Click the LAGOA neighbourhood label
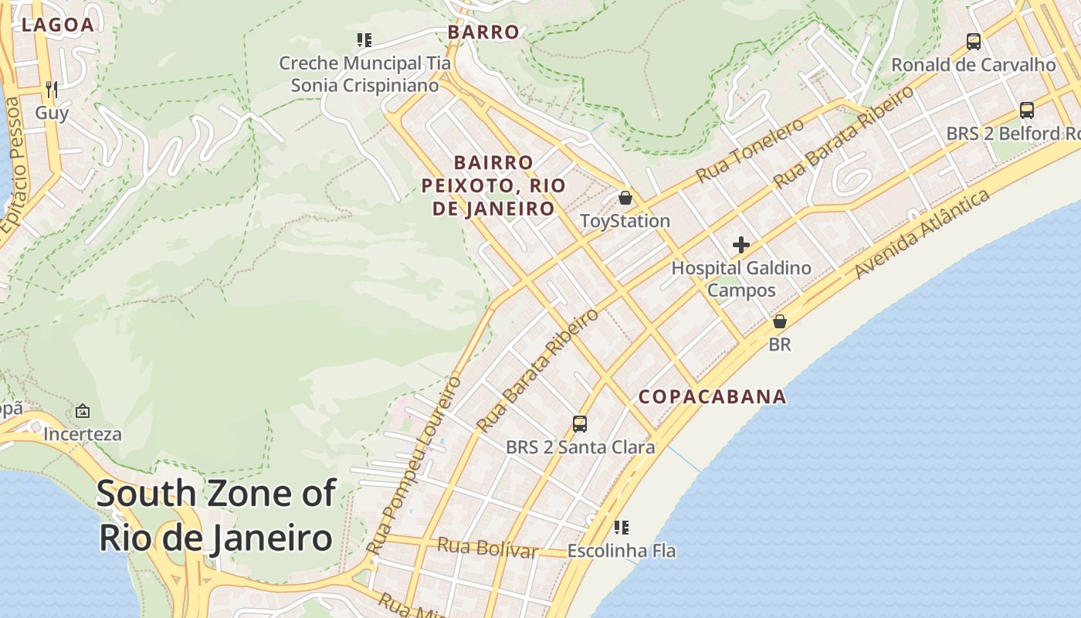pyautogui.click(x=58, y=25)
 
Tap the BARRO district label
pyautogui.click(x=484, y=32)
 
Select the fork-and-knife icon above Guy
pyautogui.click(x=52, y=90)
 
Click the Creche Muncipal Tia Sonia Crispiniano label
pyautogui.click(x=364, y=74)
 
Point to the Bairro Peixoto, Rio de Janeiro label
pyautogui.click(x=493, y=185)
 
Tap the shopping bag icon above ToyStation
pyautogui.click(x=625, y=198)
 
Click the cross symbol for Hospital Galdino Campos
pyautogui.click(x=741, y=246)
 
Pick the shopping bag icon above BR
pyautogui.click(x=780, y=321)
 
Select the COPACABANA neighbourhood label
pyautogui.click(x=712, y=397)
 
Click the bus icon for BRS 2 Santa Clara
pyautogui.click(x=580, y=423)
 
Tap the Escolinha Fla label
pyautogui.click(x=622, y=551)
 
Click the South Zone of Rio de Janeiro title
pyautogui.click(x=216, y=515)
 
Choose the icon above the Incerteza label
pyautogui.click(x=83, y=411)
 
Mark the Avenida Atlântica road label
pyautogui.click(x=922, y=234)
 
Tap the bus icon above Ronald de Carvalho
pyautogui.click(x=974, y=42)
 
